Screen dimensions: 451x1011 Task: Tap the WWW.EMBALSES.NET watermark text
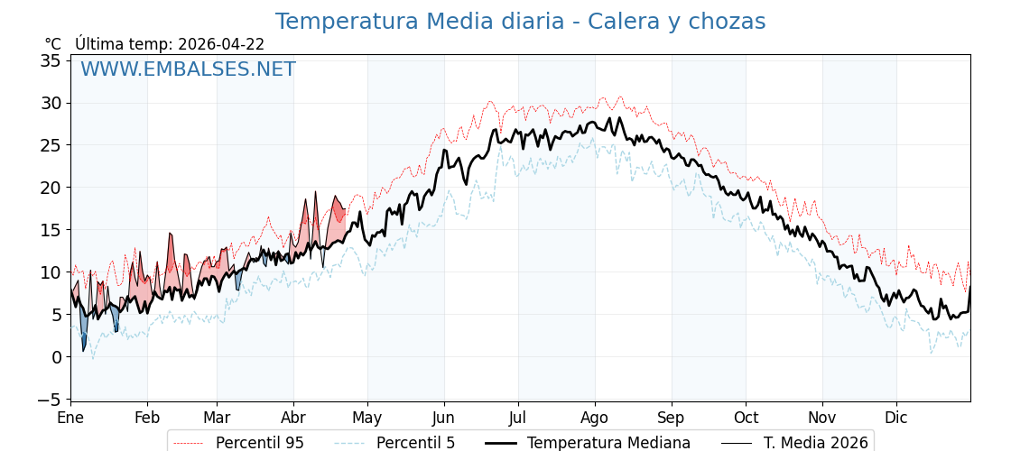coord(188,69)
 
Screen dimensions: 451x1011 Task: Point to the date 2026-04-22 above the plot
coord(221,44)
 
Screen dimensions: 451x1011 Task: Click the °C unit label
coord(53,44)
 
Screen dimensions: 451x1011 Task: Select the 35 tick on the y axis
coord(51,61)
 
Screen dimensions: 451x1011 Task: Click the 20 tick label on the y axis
coord(51,188)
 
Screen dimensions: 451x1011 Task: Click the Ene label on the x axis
coord(70,418)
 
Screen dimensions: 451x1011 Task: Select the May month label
coord(367,418)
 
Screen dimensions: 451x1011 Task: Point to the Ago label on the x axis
coord(594,418)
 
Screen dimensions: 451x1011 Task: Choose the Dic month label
coord(896,418)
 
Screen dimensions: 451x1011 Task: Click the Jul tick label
coord(518,418)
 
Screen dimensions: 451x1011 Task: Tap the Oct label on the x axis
coord(746,418)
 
